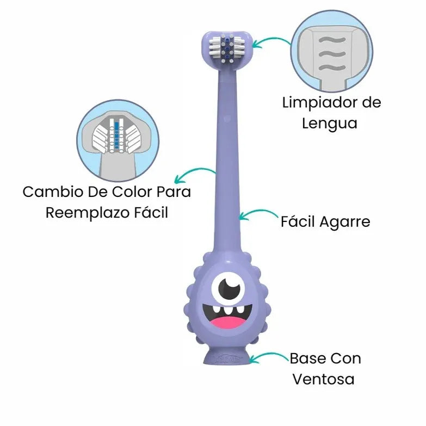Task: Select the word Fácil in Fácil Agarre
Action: pyautogui.click(x=297, y=222)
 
